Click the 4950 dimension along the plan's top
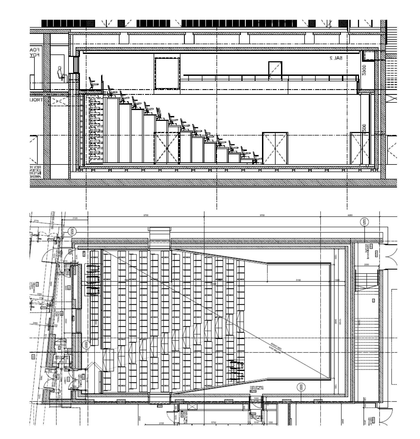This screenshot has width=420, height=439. click(x=350, y=215)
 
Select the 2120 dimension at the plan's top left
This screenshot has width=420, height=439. click(x=75, y=218)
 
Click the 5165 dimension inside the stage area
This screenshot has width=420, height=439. click(x=299, y=280)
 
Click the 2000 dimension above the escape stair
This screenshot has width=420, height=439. click(x=367, y=264)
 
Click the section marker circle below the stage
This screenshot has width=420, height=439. click(x=301, y=387)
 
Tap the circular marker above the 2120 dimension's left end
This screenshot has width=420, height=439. click(x=73, y=231)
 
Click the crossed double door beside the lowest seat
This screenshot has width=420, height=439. click(x=275, y=148)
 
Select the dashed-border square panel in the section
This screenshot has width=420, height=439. click(x=167, y=73)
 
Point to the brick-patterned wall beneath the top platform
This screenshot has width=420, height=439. click(x=95, y=130)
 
